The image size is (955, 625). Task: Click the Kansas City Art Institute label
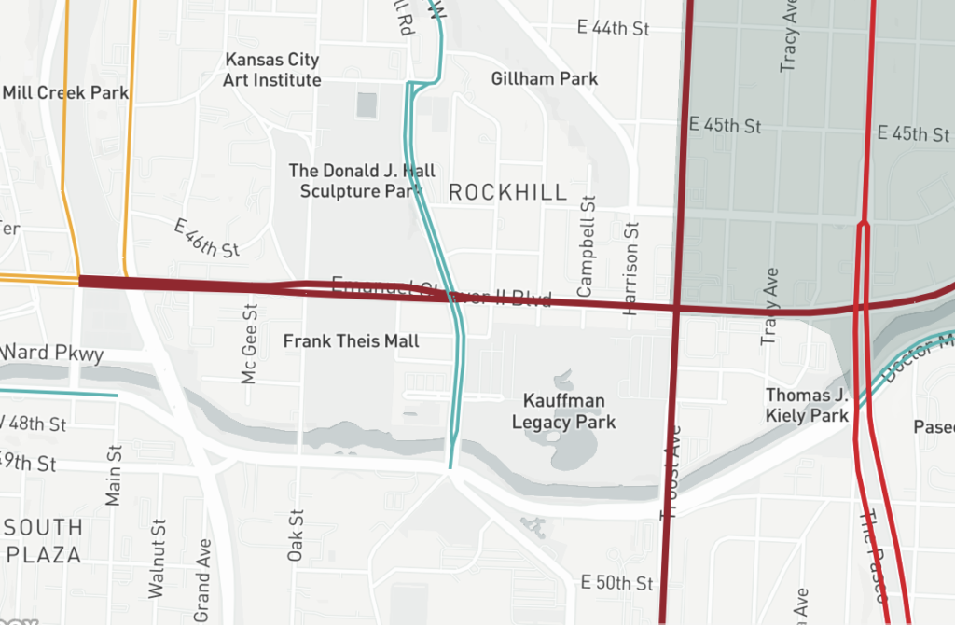[x=272, y=70]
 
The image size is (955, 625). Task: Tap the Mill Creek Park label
[x=65, y=92]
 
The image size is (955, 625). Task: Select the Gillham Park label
[x=545, y=78]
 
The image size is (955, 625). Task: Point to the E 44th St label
[x=613, y=28]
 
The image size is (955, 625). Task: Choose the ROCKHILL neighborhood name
[x=507, y=192]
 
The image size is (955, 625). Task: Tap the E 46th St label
[x=207, y=237]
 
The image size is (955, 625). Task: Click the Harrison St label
[x=631, y=269]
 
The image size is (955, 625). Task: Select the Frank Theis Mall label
[x=352, y=341]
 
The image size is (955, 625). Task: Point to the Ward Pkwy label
[x=51, y=354]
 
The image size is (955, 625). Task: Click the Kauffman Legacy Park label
[x=564, y=411]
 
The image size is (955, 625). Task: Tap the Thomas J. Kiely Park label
[x=807, y=405]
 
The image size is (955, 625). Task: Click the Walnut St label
[x=157, y=558]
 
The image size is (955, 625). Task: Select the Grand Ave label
[x=202, y=579]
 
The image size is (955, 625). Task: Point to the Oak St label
[x=296, y=535]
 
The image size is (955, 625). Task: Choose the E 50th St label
[x=616, y=583]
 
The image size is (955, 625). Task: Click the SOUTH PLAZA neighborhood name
[x=42, y=540]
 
